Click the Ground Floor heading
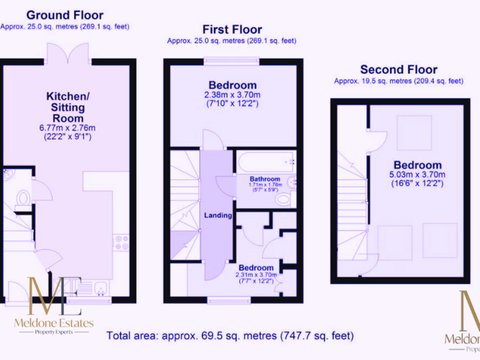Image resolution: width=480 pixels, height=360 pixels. coord(64,15)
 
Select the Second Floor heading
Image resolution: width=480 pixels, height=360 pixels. coord(398,68)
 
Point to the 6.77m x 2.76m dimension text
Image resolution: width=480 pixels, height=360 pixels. coord(73,127)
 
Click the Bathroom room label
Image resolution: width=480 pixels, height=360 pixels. coord(265,179)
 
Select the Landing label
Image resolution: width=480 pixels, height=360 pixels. coord(218,215)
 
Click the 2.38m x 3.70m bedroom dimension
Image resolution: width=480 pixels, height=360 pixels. coord(232,95)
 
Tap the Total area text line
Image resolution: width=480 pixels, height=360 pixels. coord(230,335)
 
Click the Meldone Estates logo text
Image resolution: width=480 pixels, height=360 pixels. coord(54,323)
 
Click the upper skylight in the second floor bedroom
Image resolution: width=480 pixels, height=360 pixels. coord(409,128)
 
